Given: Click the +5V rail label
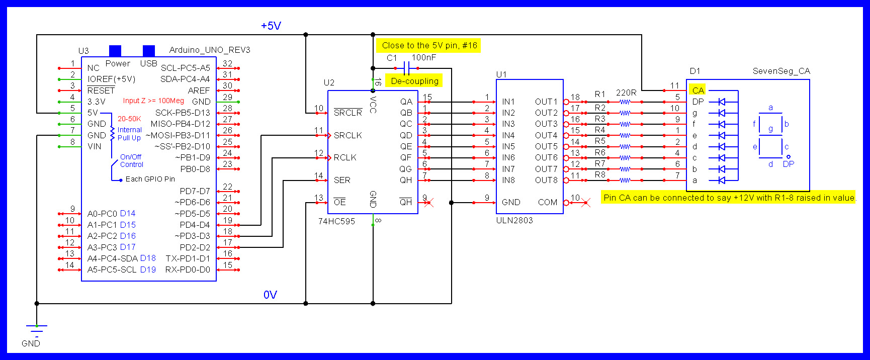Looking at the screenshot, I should (x=271, y=26).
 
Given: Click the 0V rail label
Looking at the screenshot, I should (x=270, y=295).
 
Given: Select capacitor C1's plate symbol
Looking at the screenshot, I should (x=407, y=68).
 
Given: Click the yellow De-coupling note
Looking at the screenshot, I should (x=414, y=81).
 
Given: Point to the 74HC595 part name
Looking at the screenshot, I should (x=336, y=221).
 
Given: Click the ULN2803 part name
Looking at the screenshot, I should (x=514, y=220).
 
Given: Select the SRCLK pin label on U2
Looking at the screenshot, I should (x=347, y=135).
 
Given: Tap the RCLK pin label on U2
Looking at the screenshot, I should (x=345, y=157).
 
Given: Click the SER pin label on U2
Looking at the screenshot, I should (x=342, y=180).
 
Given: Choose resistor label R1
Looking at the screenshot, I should (x=600, y=94).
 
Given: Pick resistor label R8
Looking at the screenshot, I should (x=600, y=175).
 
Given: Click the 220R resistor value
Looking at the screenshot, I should (x=626, y=93).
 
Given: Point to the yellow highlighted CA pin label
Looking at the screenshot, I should (x=698, y=91).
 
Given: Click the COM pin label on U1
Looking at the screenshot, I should (x=548, y=202).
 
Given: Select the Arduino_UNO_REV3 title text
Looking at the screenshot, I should (x=210, y=50).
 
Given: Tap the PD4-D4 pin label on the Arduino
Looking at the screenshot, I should (x=195, y=225).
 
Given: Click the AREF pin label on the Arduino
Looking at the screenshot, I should (x=199, y=91).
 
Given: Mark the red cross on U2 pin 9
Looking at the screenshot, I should (x=428, y=203).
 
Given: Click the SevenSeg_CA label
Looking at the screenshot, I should (x=781, y=71).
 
